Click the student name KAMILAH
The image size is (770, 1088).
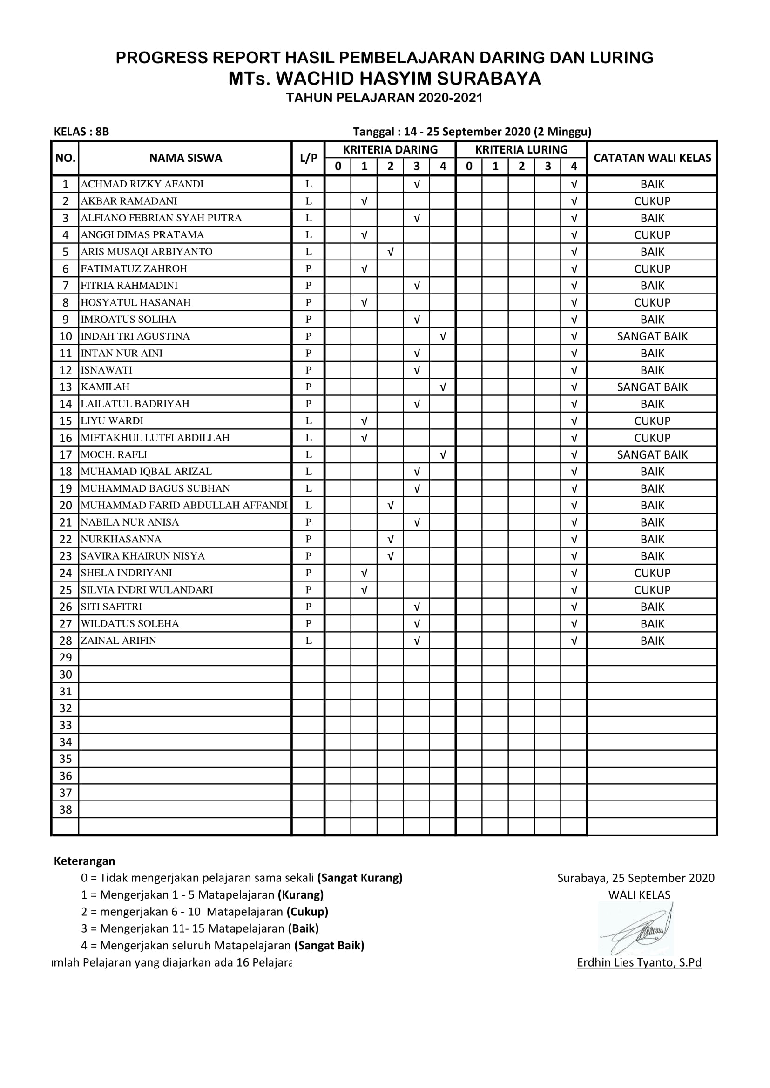point(105,387)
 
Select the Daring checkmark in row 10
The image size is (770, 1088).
point(443,336)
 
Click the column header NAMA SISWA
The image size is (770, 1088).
point(185,158)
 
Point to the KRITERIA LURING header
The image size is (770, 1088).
point(521,149)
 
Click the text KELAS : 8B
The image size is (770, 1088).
point(81,131)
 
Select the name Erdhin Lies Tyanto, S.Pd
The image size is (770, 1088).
point(639,962)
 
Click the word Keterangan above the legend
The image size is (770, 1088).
point(84,861)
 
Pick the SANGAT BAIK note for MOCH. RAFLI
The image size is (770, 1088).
point(652,454)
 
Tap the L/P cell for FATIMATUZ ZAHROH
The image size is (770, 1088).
point(308,269)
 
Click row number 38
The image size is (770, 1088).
point(66,809)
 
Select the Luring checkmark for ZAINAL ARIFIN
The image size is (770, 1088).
point(574,641)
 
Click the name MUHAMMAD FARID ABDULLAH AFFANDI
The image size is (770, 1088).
point(184,505)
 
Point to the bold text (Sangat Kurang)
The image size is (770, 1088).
point(360,878)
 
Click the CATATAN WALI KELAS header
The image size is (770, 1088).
point(652,158)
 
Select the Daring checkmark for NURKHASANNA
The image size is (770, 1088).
point(390,539)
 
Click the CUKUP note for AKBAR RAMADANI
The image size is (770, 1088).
point(652,201)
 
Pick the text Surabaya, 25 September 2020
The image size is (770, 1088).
point(635,878)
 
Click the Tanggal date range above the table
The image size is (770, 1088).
point(472,131)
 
